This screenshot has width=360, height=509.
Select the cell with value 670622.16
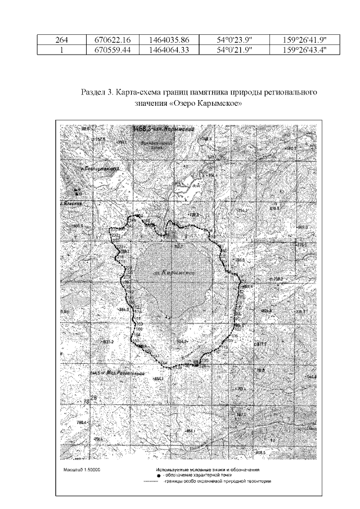click(x=110, y=40)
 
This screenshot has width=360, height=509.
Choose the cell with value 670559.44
click(x=110, y=49)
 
